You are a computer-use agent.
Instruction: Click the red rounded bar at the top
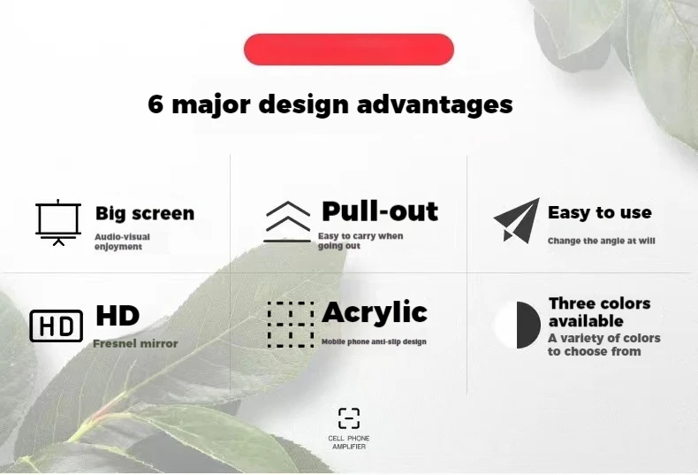click(x=348, y=49)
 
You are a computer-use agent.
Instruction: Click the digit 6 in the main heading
click(x=156, y=103)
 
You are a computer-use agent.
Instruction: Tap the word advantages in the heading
click(x=435, y=105)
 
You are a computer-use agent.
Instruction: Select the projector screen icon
click(x=58, y=222)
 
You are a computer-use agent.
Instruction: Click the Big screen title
click(x=145, y=213)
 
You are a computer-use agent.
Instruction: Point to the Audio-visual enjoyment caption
click(x=122, y=241)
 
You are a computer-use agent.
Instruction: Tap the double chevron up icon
click(x=287, y=222)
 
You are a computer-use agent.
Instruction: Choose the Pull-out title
click(x=380, y=211)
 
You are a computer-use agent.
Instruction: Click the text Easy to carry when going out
click(x=360, y=241)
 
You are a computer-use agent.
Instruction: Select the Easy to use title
click(x=600, y=212)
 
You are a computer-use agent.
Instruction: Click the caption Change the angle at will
click(x=602, y=241)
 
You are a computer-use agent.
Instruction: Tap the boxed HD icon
click(x=56, y=326)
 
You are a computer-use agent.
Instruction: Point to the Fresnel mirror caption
click(x=135, y=343)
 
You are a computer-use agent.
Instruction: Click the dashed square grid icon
click(x=290, y=325)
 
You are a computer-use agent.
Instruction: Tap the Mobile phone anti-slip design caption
click(x=374, y=341)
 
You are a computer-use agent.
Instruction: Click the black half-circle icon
click(x=528, y=325)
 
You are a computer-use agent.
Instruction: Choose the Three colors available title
click(x=600, y=312)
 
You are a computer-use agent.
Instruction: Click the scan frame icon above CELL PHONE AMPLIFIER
click(x=349, y=418)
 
